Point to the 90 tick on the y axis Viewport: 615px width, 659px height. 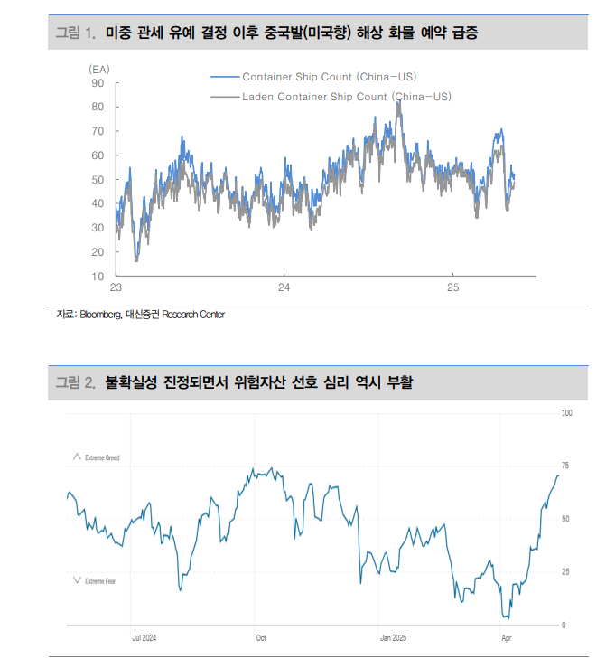coord(98,83)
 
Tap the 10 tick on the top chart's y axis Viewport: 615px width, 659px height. coord(98,276)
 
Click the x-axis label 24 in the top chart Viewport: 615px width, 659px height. coord(284,288)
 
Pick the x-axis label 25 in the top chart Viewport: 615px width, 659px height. coord(453,288)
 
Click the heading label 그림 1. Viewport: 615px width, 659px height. coord(75,33)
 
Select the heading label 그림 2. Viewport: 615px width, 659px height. coord(76,382)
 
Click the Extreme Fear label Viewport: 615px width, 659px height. coord(99,581)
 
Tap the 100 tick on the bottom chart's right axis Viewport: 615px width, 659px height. coord(566,413)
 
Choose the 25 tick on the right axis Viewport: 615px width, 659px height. coord(565,572)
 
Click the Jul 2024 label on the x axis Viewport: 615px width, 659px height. coord(144,637)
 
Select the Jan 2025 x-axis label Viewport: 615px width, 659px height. coord(393,637)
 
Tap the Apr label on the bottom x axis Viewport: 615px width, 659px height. coord(507,637)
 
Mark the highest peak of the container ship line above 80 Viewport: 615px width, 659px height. coord(398,101)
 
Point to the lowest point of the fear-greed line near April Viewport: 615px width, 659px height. coord(508,618)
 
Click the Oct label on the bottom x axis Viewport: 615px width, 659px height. coord(261,637)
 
